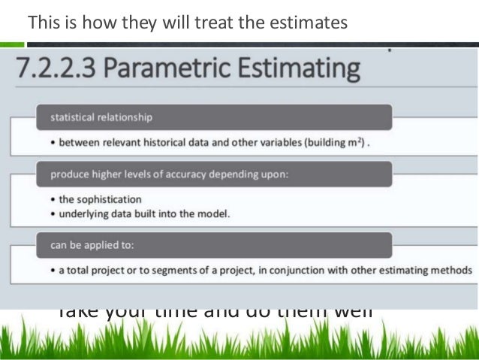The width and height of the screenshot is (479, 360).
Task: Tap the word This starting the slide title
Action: [x=41, y=23]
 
